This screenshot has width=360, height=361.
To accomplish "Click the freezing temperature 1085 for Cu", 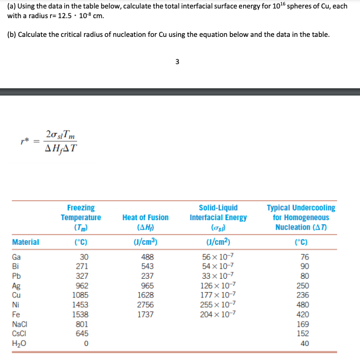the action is (x=80, y=296).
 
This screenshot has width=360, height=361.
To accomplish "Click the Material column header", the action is (x=25, y=242).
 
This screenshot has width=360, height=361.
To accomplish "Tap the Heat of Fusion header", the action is (x=145, y=217).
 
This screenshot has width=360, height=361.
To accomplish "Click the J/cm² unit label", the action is (x=218, y=242).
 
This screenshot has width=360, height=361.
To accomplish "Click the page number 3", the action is (x=177, y=61).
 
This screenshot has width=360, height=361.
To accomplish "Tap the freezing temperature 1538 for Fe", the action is (x=80, y=315).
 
